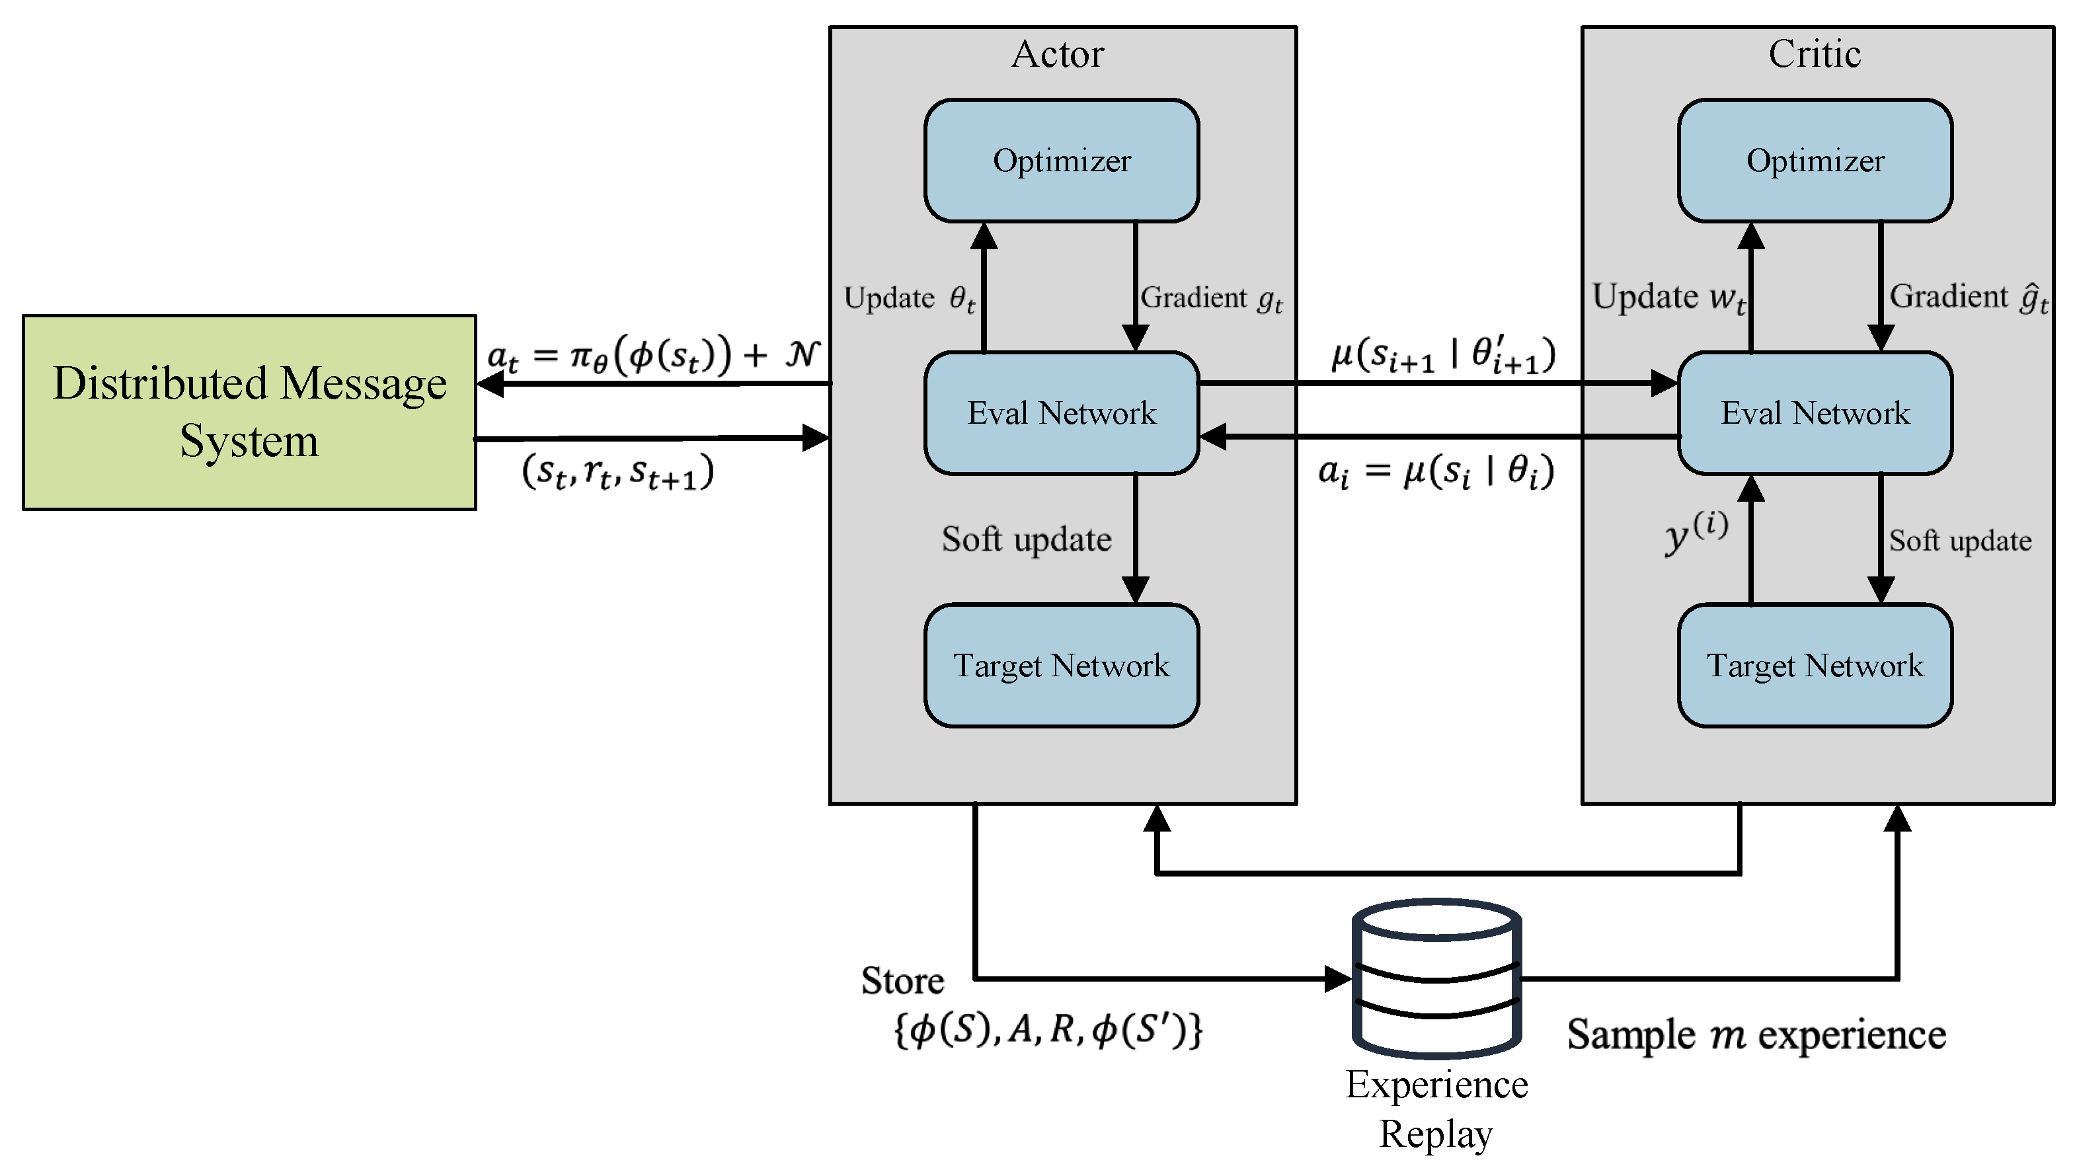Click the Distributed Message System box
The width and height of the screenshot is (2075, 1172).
click(250, 412)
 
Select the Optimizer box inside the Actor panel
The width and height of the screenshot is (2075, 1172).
click(1062, 160)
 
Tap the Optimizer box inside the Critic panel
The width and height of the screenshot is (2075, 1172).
click(1816, 160)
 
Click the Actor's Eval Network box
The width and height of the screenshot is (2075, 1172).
click(1062, 413)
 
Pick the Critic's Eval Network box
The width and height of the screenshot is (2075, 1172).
click(1816, 413)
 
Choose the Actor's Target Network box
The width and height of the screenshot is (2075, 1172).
click(1062, 666)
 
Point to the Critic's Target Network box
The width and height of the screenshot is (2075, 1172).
click(1816, 666)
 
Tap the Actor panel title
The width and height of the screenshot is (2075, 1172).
click(1058, 54)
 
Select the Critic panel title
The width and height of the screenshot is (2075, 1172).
click(1815, 54)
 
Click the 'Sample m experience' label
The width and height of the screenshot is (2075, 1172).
click(1757, 1035)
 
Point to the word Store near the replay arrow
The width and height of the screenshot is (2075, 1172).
click(902, 981)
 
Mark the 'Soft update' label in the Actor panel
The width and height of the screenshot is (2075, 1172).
click(1027, 539)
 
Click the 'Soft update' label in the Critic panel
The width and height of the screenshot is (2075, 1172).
click(1961, 541)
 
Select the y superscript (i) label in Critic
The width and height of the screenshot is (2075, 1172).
click(1696, 532)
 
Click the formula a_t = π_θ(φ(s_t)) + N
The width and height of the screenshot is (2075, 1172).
click(653, 355)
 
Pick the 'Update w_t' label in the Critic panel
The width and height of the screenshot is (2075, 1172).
click(1670, 297)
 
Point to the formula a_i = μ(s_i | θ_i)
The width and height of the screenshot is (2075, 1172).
click(1436, 472)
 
